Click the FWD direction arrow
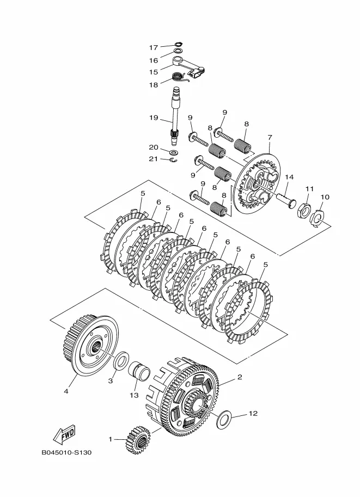click(64, 434)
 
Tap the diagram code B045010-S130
click(66, 452)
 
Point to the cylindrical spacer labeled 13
click(139, 371)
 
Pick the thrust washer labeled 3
click(121, 360)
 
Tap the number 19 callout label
click(154, 118)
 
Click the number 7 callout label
click(270, 138)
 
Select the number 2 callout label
click(240, 377)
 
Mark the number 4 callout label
click(66, 391)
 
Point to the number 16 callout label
click(154, 60)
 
